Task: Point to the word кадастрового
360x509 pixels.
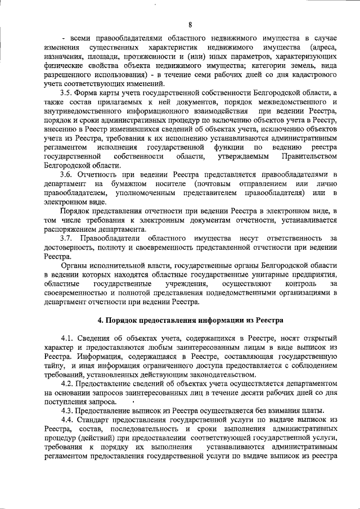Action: (x=310, y=75)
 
